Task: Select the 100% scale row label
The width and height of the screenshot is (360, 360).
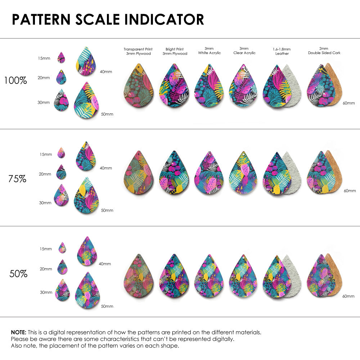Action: (15, 81)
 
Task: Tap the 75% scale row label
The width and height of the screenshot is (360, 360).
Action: (17, 179)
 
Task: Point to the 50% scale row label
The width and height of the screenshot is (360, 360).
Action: (18, 274)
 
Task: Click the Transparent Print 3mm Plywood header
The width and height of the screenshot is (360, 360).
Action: (138, 51)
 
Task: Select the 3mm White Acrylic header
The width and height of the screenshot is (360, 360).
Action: (209, 51)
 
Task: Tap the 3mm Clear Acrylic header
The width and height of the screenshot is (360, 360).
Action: (244, 51)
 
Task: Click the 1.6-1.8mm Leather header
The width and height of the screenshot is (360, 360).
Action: (282, 51)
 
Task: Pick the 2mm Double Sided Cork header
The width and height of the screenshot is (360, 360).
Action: (324, 51)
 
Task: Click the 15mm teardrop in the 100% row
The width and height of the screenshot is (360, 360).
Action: (61, 58)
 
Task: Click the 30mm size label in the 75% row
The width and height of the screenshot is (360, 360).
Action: (45, 203)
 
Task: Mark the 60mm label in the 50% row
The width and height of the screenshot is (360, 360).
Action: (348, 296)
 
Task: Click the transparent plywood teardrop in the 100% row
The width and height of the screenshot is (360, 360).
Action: (139, 86)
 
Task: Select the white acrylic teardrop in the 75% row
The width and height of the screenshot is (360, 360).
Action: (209, 174)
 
